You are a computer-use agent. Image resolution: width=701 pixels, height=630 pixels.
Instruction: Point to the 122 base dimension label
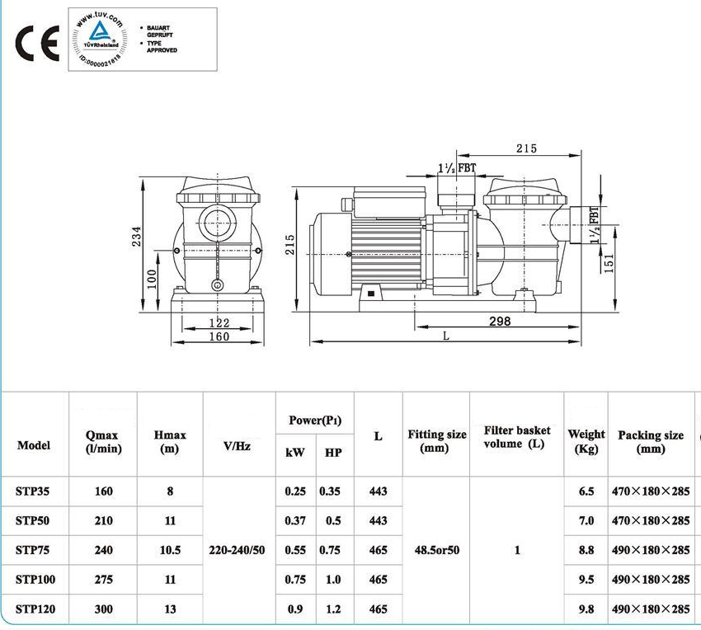219,323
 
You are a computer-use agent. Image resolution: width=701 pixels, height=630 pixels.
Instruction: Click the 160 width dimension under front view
219,336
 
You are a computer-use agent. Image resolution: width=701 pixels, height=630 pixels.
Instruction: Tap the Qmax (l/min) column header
103,442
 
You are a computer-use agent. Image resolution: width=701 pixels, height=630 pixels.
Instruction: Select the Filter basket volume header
517,437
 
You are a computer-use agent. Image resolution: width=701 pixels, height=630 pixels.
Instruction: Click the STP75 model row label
33,550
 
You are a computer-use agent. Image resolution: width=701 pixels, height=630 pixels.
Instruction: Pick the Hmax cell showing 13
170,609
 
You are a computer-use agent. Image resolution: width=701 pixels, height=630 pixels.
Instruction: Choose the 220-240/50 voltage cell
238,550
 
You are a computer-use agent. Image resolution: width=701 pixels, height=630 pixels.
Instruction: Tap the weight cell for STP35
586,491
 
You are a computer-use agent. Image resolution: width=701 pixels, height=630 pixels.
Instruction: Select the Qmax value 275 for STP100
103,580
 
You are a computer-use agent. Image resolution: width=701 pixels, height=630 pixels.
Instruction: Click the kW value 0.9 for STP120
295,609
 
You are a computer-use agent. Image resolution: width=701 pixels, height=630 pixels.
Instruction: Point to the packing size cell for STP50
651,521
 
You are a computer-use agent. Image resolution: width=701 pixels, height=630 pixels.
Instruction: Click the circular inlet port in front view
219,221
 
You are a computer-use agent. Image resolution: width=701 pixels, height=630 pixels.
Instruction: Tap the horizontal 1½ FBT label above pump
457,168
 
